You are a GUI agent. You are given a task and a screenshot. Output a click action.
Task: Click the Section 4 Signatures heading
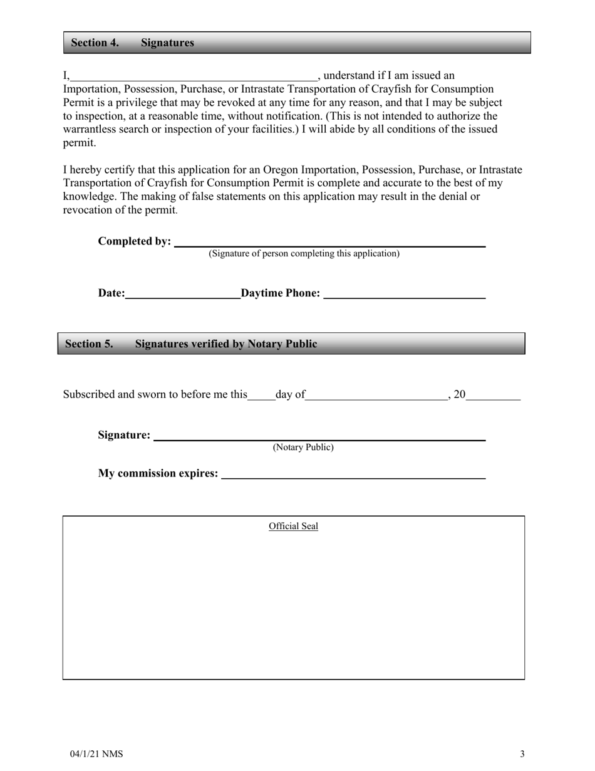click(x=132, y=43)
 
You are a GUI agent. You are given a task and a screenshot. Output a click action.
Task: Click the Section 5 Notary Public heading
click(x=191, y=344)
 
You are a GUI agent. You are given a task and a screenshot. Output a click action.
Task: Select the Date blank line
click(x=183, y=295)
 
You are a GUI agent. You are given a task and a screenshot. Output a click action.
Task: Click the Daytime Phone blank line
click(x=404, y=295)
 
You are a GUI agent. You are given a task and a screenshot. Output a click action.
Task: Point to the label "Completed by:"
click(x=135, y=241)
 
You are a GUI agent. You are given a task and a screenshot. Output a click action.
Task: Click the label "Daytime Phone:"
click(x=281, y=293)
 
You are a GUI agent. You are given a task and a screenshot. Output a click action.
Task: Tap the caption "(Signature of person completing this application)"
click(x=304, y=254)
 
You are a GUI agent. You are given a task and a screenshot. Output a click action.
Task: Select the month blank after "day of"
click(x=376, y=396)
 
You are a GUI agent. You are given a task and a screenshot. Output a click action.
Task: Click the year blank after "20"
click(x=494, y=396)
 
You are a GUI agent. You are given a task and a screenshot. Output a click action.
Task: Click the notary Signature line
click(x=319, y=437)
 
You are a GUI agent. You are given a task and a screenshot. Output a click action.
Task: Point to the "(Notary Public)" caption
click(x=303, y=448)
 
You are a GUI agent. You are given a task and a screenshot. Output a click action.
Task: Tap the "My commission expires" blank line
click(x=354, y=475)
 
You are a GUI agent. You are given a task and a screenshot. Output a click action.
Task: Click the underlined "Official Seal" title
click(x=293, y=527)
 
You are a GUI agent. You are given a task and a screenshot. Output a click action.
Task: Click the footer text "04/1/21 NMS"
click(x=96, y=754)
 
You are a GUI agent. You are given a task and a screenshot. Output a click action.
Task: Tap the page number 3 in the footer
click(x=522, y=754)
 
